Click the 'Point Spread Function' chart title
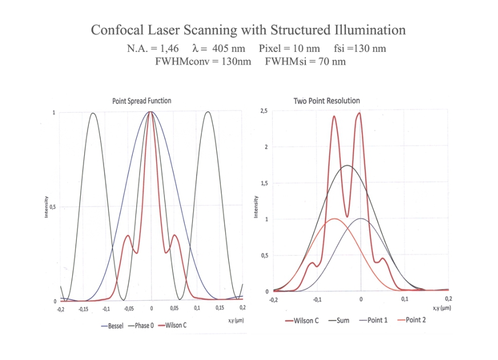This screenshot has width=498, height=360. (x=142, y=101)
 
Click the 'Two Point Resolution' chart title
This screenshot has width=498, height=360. (x=326, y=101)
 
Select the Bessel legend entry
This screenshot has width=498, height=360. (x=115, y=326)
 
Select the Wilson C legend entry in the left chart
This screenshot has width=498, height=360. (x=177, y=326)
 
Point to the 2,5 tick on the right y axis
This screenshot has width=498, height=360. (x=264, y=111)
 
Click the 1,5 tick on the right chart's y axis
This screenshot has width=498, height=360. (x=264, y=184)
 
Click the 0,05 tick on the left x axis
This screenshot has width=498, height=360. (x=174, y=309)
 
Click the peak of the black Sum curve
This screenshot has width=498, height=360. (x=347, y=165)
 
